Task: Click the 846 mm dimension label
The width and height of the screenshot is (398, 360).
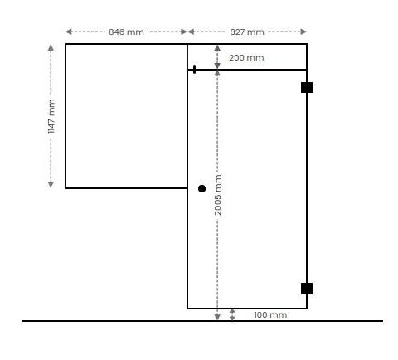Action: (x=126, y=32)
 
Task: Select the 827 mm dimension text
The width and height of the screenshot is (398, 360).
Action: (x=247, y=32)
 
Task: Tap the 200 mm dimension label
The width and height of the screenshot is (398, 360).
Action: (x=246, y=58)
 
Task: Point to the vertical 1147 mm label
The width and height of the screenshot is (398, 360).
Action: (x=51, y=116)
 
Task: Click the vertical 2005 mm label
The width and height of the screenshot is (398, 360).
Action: (x=218, y=195)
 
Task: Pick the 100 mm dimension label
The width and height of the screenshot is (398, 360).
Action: (x=270, y=315)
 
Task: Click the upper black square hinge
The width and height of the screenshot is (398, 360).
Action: (x=307, y=87)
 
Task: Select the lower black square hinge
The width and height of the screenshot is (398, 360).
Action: (x=307, y=289)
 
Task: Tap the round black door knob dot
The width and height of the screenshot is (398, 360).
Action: (x=201, y=188)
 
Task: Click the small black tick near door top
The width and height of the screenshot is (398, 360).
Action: (x=194, y=69)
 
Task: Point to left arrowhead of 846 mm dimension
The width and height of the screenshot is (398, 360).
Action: (x=69, y=32)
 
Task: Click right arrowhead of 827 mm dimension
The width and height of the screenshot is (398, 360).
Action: (x=303, y=32)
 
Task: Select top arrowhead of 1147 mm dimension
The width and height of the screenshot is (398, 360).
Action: (x=51, y=48)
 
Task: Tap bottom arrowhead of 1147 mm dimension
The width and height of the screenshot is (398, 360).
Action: (x=51, y=184)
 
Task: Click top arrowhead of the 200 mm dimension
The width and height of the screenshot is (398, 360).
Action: (x=217, y=48)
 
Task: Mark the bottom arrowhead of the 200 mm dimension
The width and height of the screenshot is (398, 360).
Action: (x=217, y=66)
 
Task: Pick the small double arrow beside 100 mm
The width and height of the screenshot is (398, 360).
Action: (x=232, y=315)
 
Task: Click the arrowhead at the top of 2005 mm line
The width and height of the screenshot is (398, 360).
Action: (x=217, y=73)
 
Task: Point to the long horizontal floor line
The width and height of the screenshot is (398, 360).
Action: (x=202, y=321)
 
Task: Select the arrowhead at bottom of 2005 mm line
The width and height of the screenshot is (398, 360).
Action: (x=217, y=317)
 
